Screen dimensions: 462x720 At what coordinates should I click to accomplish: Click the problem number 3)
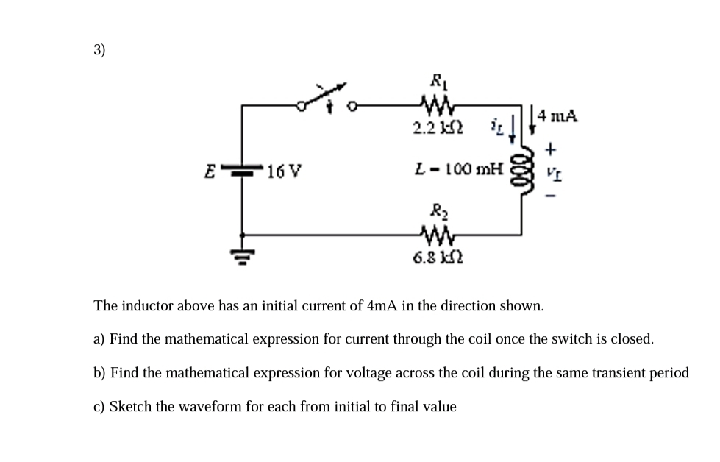coord(99,50)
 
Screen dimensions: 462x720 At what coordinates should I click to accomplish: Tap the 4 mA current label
coord(557,115)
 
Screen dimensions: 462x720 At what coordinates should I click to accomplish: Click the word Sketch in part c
coord(131,407)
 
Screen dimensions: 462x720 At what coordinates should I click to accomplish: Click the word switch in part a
coord(566,339)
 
